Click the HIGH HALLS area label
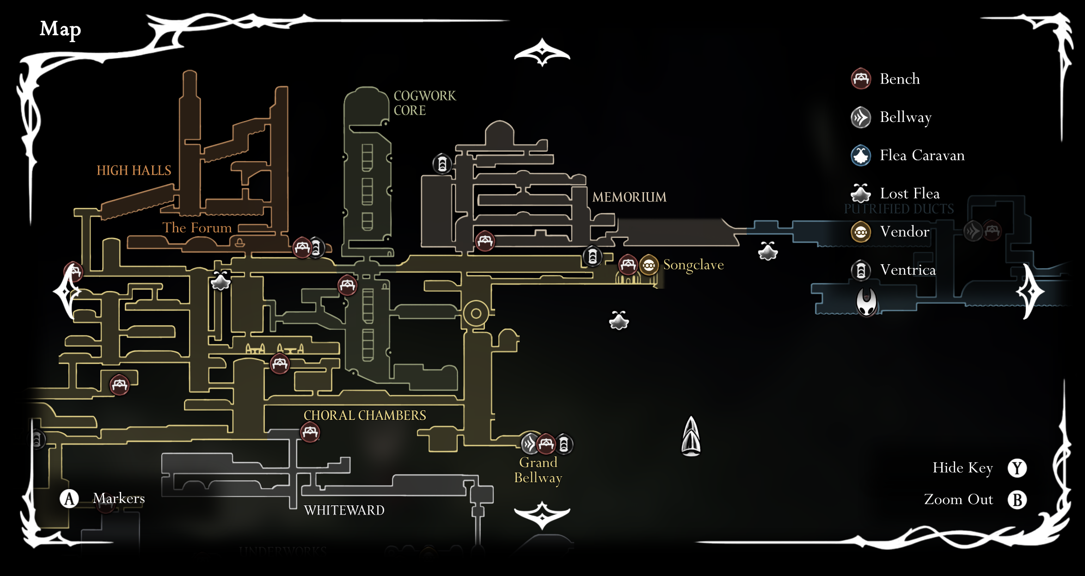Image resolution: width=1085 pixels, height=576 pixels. click(x=134, y=170)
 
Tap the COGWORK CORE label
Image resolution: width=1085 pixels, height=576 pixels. click(x=424, y=103)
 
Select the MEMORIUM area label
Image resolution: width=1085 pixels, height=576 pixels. click(x=629, y=197)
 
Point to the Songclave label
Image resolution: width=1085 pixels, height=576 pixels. click(x=693, y=265)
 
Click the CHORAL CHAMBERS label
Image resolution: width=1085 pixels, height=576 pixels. click(x=364, y=415)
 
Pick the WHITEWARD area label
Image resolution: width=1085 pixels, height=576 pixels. click(x=344, y=510)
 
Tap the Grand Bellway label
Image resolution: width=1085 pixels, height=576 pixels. click(x=538, y=470)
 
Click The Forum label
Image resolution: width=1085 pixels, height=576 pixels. click(x=197, y=228)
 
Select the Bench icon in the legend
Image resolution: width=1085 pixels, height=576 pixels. click(x=861, y=79)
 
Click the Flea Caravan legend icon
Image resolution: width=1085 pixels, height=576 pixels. click(x=861, y=155)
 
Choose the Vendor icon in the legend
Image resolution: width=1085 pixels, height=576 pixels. click(x=861, y=232)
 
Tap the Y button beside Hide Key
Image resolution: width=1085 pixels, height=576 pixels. click(x=1017, y=468)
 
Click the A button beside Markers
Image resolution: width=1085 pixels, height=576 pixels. click(x=69, y=499)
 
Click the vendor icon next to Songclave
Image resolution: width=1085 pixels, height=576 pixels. click(x=649, y=265)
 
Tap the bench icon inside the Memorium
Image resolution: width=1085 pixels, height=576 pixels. click(x=485, y=241)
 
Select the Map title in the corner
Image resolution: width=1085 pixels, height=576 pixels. click(x=60, y=29)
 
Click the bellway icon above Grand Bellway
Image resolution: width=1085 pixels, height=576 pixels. click(x=530, y=444)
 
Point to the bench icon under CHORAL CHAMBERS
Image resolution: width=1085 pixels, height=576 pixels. click(x=310, y=432)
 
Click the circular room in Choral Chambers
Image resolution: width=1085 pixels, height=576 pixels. click(x=476, y=314)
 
